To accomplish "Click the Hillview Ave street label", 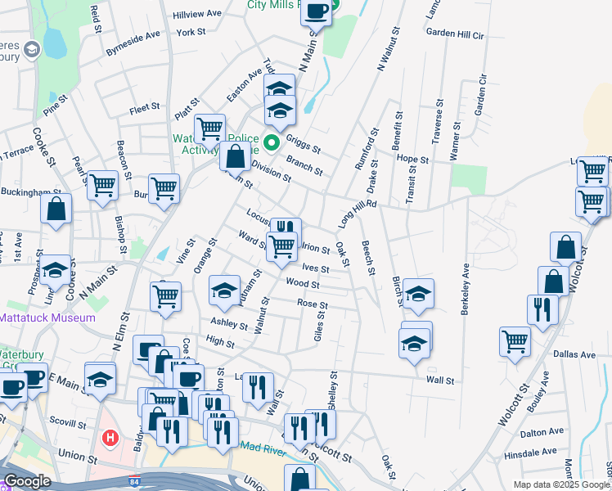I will [197, 15].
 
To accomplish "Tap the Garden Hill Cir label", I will [456, 34].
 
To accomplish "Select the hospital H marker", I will [110, 439].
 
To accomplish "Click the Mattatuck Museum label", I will [47, 318].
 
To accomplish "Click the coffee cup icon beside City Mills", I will [317, 11].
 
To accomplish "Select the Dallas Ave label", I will [578, 355].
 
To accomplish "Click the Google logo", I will [27, 481].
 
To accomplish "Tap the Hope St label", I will [412, 159].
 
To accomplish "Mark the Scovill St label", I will [67, 425].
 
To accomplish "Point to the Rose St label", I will [312, 304].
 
